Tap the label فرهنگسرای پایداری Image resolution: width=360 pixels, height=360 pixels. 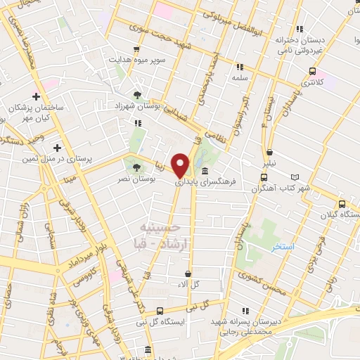(228, 181)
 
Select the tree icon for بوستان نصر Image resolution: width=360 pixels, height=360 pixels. (135, 167)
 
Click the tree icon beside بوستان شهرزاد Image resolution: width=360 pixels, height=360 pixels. (139, 94)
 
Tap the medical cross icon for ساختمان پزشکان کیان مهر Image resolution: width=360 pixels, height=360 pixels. (37, 96)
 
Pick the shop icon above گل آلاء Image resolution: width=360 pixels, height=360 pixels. (188, 274)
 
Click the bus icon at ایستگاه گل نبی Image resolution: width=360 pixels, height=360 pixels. (160, 311)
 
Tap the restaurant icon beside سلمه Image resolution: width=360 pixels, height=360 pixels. (239, 67)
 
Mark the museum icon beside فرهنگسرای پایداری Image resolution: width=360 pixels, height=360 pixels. (205, 171)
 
